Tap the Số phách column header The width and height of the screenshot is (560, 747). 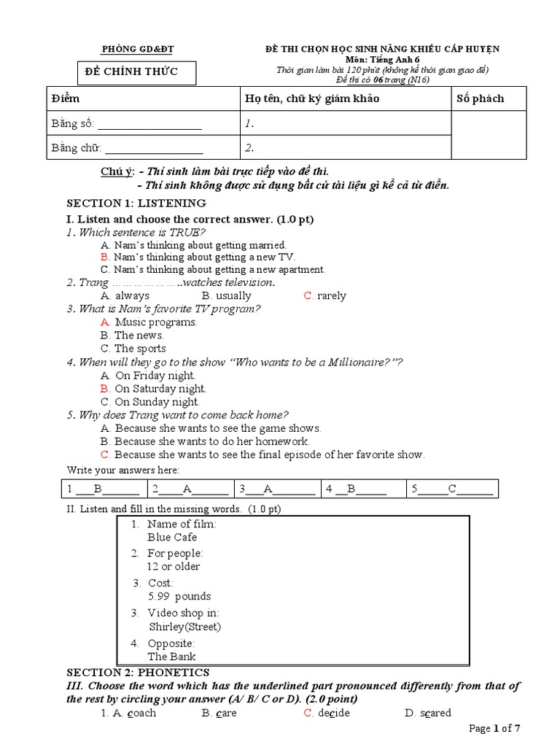(480, 98)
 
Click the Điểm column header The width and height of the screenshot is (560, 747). (66, 98)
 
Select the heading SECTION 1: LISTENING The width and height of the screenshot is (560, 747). (136, 203)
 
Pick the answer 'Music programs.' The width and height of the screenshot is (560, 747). (155, 322)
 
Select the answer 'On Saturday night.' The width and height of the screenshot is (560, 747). (160, 389)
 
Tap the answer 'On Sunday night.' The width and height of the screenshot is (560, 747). (157, 402)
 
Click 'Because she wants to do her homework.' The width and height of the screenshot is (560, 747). (211, 441)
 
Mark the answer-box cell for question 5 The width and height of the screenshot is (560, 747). (451, 489)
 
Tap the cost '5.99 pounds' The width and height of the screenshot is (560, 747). (179, 596)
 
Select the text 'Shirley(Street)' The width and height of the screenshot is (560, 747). (184, 627)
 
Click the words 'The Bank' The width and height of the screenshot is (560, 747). (171, 657)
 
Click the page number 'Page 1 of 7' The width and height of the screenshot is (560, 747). (495, 728)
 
